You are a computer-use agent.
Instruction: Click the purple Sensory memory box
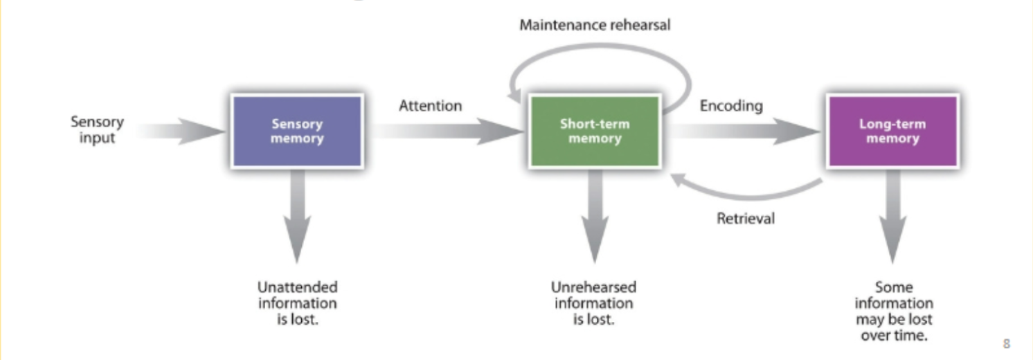[297, 132]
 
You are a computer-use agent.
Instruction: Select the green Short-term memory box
[595, 132]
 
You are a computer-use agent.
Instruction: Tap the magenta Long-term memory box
[892, 132]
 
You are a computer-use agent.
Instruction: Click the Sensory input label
[97, 129]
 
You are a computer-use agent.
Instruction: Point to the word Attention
[430, 106]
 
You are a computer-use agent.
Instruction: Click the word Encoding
[731, 106]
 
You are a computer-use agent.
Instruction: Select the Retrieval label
[746, 219]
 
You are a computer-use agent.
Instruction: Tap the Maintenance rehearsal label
[595, 26]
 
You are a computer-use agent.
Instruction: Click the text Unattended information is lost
[298, 303]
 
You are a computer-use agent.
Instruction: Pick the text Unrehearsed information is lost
[593, 303]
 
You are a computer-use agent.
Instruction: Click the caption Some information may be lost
[894, 310]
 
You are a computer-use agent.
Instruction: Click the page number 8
[1007, 343]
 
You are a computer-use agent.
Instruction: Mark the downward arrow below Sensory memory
[298, 215]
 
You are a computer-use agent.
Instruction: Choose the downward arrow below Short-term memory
[594, 215]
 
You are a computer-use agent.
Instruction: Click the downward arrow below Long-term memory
[893, 215]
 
